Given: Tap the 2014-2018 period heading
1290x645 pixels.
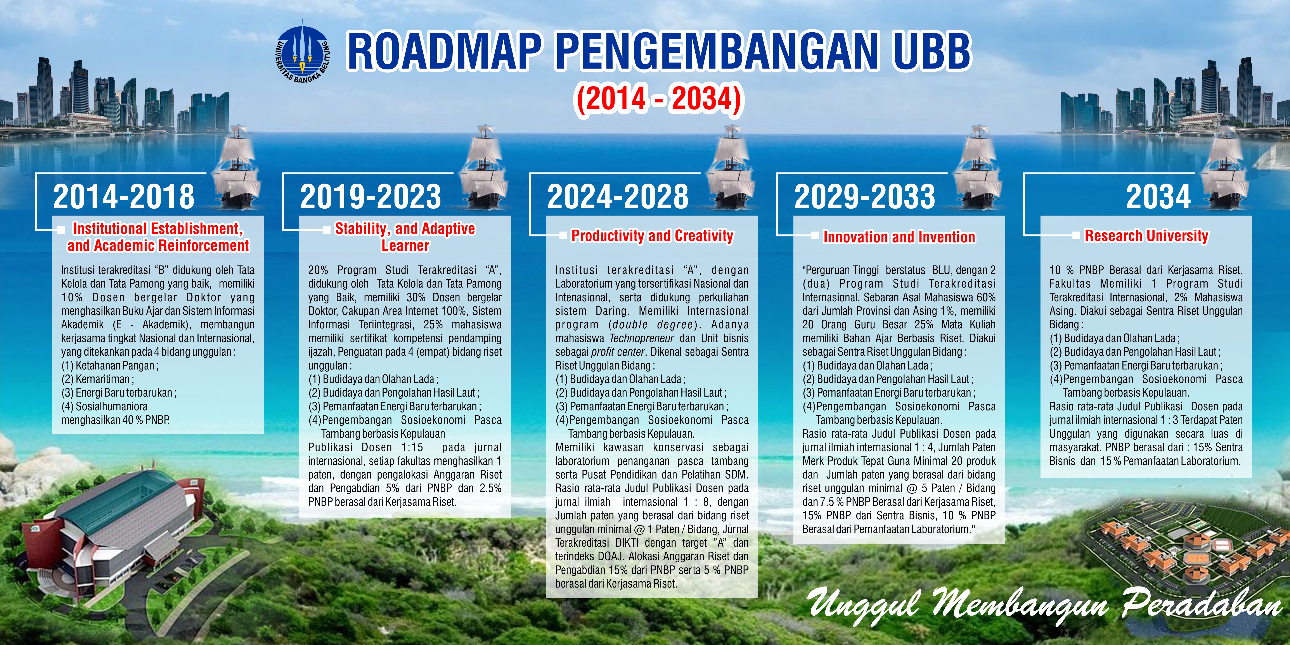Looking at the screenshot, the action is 124,196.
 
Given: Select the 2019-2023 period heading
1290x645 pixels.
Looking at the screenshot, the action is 371,196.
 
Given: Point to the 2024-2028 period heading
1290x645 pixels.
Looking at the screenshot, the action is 617,196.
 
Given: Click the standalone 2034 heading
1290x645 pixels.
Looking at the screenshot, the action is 1158,196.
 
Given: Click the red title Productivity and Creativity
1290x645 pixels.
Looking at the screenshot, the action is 652,236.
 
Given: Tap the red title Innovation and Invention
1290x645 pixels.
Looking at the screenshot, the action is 899,237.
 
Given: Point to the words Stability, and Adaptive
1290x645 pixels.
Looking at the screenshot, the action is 405,229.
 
